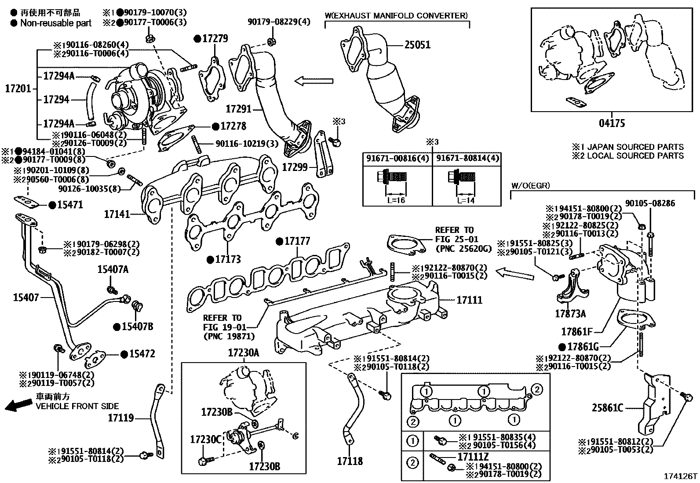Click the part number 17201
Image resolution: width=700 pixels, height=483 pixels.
coord(18,89)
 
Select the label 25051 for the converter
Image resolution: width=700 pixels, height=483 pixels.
coord(417,45)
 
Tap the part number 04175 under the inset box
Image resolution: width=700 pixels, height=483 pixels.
coord(612,123)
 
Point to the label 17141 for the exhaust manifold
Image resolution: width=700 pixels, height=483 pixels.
coord(117,214)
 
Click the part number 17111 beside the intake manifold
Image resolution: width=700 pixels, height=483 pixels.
coord(469,300)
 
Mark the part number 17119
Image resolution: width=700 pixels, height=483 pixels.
coord(120,418)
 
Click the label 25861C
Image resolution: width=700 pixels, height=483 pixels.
coord(607,408)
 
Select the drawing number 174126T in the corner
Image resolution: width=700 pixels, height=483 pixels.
coord(681,476)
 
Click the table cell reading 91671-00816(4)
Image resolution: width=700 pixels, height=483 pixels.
coord(397,159)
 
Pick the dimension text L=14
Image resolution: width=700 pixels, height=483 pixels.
coord(467,200)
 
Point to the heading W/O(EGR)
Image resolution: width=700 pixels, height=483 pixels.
coord(530,186)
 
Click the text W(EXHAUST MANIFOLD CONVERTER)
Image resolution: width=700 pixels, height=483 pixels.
coord(396,16)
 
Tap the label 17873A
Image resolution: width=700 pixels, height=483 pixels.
coord(570,314)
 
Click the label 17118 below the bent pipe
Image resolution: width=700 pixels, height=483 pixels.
coord(350,461)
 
